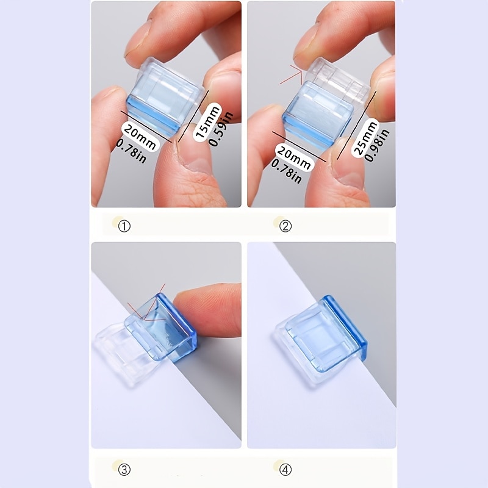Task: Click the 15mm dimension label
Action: tap(207, 121)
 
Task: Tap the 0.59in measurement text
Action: tap(221, 129)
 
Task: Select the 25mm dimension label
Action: tap(365, 137)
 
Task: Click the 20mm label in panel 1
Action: tap(140, 136)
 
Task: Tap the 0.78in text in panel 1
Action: tap(131, 151)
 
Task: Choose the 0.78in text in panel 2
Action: tap(286, 171)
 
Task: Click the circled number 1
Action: tap(124, 226)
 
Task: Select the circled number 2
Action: tap(285, 226)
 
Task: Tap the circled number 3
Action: tap(124, 470)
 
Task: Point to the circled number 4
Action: tap(285, 470)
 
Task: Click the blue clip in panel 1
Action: tap(163, 99)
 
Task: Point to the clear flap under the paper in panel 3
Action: tap(118, 352)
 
